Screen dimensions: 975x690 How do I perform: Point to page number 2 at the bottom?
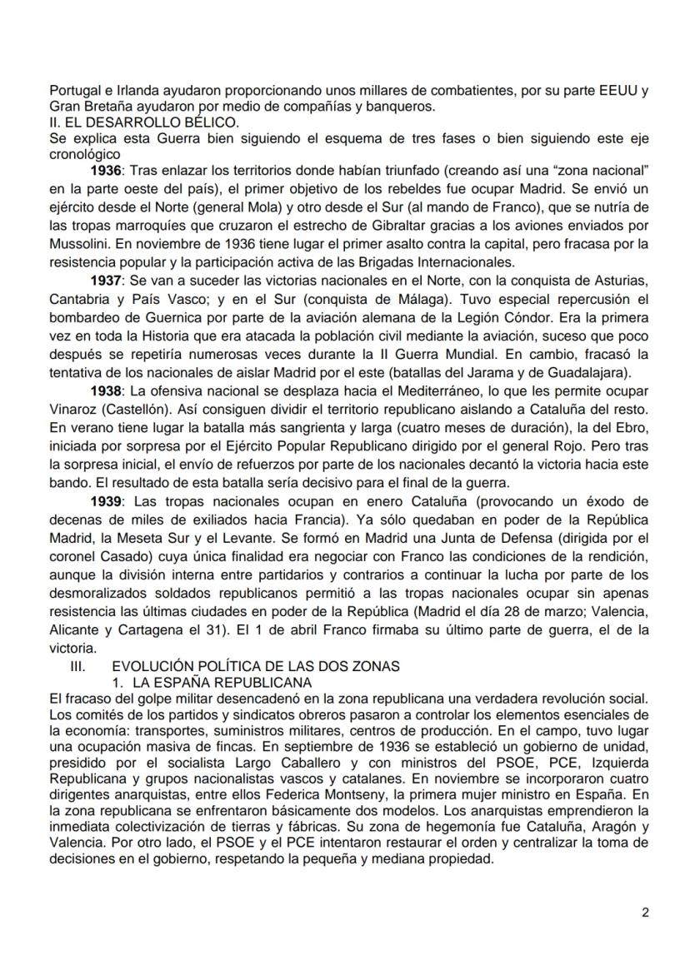pos(645,912)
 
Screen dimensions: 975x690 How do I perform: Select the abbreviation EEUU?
pos(622,89)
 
